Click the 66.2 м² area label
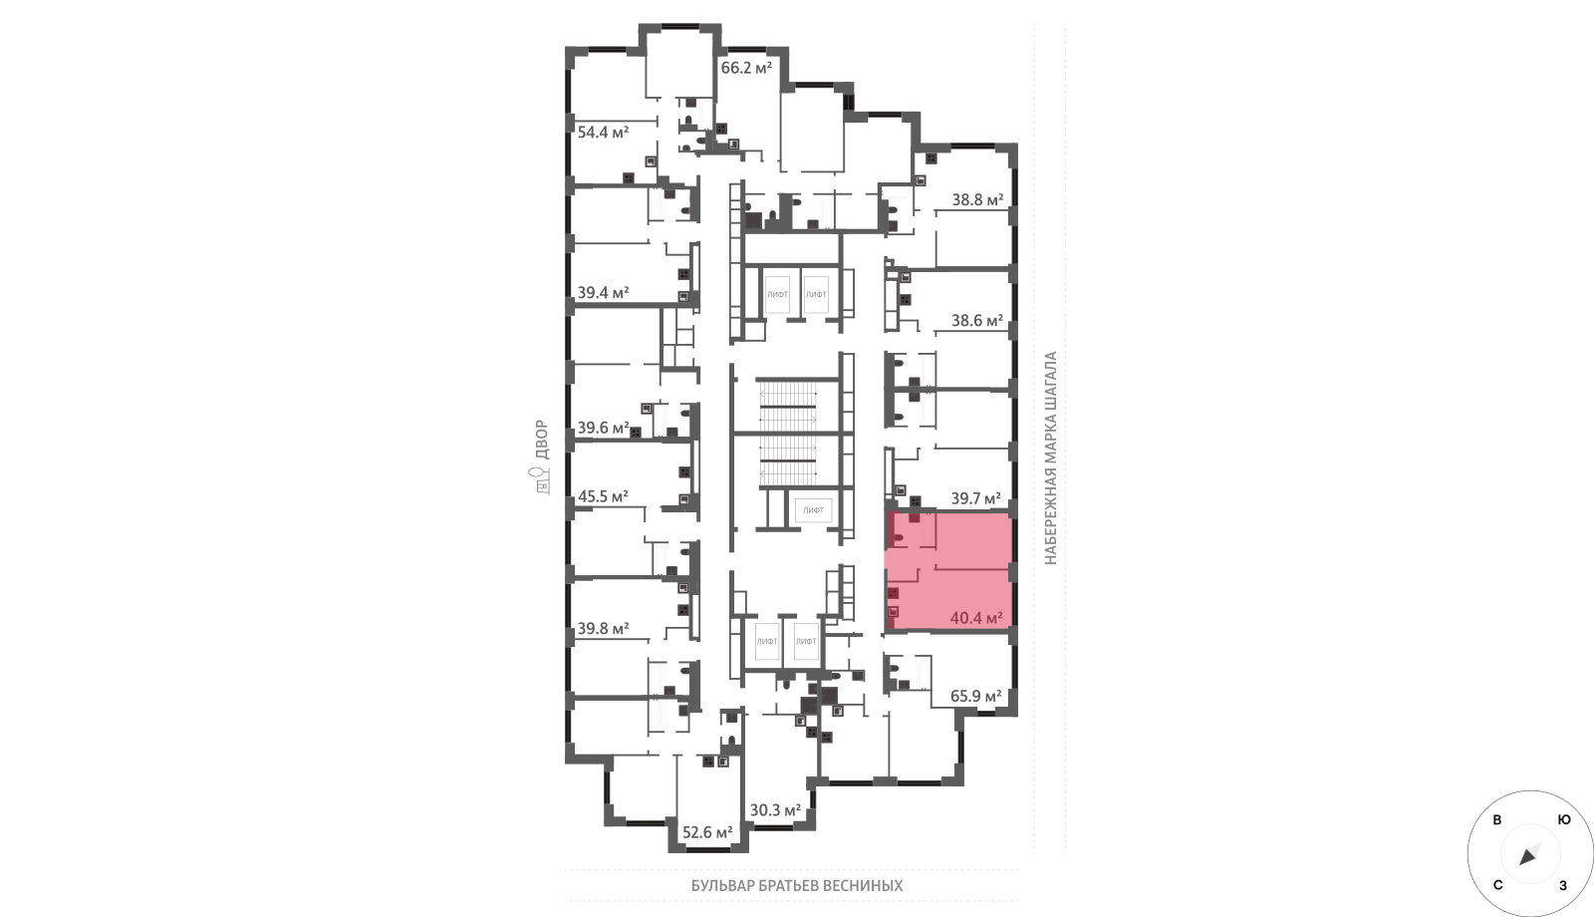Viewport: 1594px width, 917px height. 746,69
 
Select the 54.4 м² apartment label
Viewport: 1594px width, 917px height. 603,133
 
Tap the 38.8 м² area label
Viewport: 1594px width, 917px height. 977,200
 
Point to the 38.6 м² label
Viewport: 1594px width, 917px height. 977,321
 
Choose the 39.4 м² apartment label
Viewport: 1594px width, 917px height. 603,293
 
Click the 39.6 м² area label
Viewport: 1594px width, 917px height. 603,428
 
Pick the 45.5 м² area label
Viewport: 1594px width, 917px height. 603,496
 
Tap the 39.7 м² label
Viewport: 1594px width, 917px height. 976,498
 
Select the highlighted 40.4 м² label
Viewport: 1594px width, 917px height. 976,618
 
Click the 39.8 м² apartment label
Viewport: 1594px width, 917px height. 603,629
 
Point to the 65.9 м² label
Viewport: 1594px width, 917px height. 976,696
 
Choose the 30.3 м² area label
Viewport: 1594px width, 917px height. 776,810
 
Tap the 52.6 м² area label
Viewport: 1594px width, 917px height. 707,832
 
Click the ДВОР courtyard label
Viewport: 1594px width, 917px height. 542,440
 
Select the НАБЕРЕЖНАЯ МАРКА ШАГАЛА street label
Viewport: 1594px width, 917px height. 1051,458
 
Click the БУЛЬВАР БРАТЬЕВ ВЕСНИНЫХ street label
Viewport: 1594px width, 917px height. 797,886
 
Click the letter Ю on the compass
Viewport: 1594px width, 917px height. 1564,820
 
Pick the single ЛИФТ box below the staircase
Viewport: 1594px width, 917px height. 813,510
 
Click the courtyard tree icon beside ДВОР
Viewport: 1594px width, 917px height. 542,480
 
